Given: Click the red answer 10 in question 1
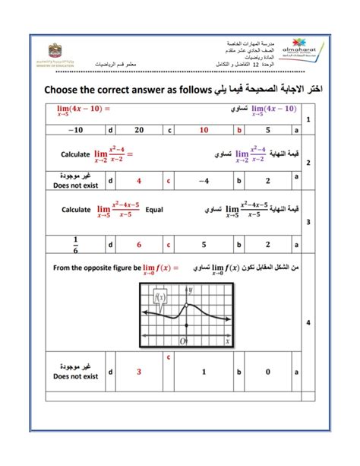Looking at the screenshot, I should (x=204, y=131).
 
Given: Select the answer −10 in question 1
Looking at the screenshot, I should (x=72, y=131).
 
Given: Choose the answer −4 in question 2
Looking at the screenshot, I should (x=204, y=181).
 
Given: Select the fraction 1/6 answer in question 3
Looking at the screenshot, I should (x=74, y=245).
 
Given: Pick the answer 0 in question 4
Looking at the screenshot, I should (x=269, y=372).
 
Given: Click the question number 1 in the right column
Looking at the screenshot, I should (x=308, y=119).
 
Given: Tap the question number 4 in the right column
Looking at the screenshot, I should (x=308, y=322).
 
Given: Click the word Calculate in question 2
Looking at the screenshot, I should (x=76, y=154).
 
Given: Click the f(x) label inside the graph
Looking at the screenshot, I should (x=160, y=297).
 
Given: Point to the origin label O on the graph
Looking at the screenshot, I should (x=185, y=341).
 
